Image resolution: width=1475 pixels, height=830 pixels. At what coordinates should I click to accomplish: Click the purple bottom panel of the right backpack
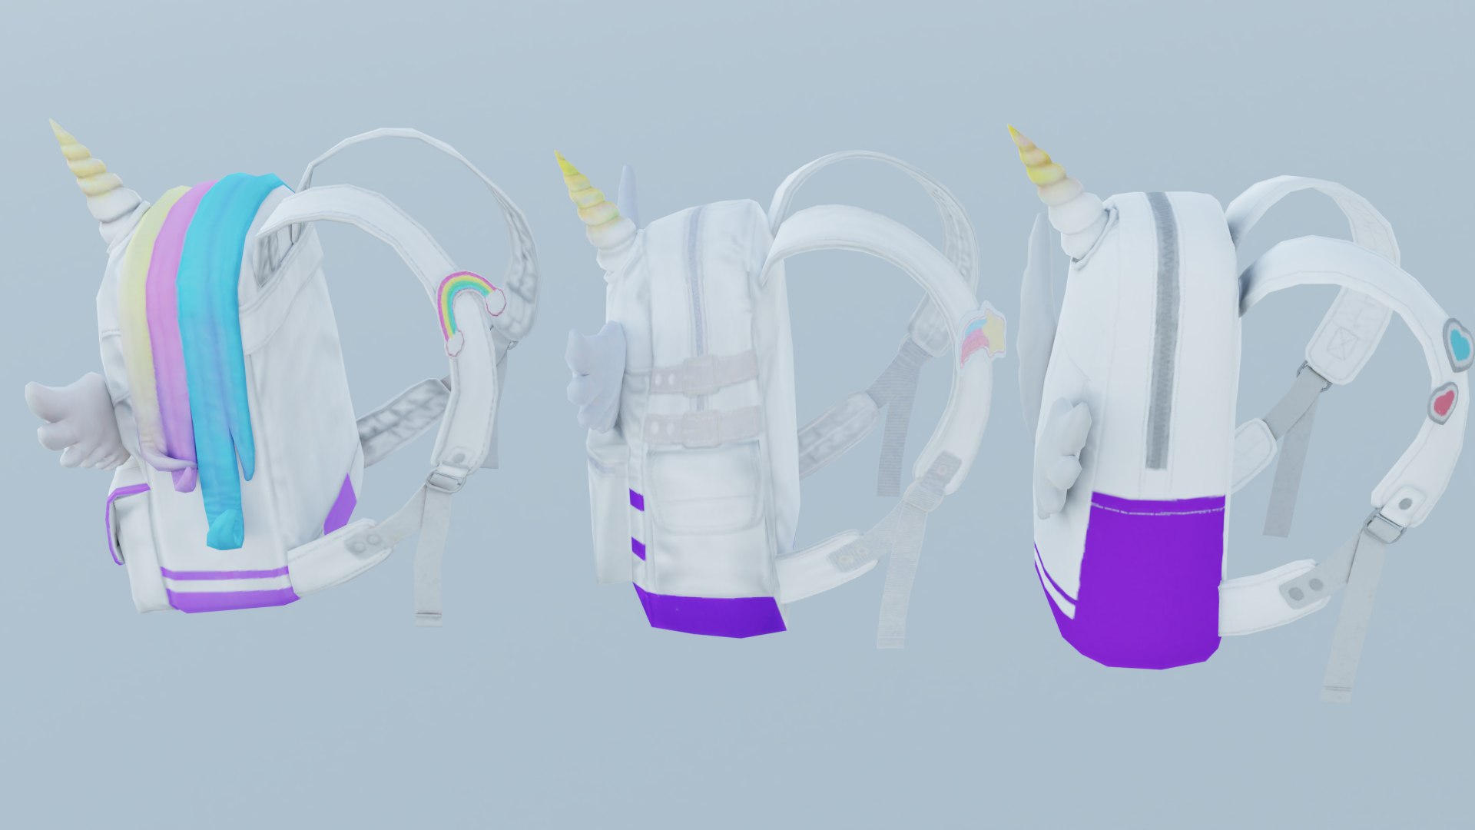[x=1145, y=576]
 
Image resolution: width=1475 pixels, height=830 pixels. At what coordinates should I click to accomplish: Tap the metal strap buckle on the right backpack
[x=1385, y=526]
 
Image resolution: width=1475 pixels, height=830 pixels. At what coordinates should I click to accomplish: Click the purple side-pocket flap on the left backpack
[x=115, y=523]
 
